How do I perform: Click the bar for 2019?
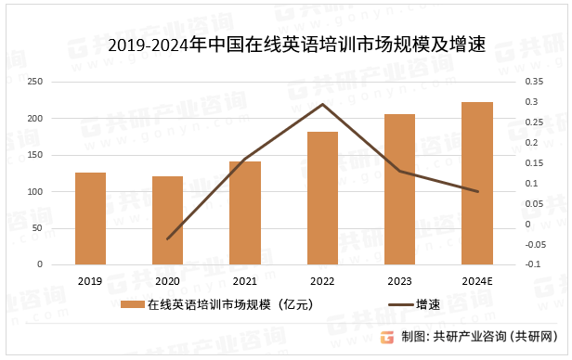click(90, 218)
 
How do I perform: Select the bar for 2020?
click(167, 220)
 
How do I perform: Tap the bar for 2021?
click(245, 212)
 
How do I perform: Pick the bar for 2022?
click(322, 198)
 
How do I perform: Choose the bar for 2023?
click(399, 189)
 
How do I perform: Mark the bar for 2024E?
click(477, 183)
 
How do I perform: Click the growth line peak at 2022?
click(322, 104)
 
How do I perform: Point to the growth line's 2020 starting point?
click(168, 238)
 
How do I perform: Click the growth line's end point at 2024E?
click(477, 191)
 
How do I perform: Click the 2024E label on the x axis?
click(477, 280)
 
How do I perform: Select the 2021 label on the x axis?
click(245, 280)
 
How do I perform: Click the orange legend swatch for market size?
click(132, 304)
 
